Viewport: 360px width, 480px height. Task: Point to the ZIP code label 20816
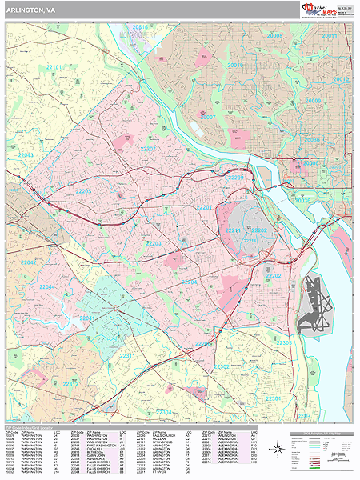coord(141,27)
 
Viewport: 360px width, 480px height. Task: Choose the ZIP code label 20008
coord(275,36)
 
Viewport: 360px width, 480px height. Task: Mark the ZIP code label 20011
coord(330,36)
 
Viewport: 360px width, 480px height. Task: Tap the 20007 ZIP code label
coord(208,117)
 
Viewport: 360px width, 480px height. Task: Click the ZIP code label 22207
coord(150,149)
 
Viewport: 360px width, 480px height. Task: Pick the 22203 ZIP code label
coord(154,242)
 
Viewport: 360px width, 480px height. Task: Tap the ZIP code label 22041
coord(86,318)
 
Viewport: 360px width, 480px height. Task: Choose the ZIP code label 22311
coord(128,354)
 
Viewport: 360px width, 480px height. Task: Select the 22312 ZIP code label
coord(71,383)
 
